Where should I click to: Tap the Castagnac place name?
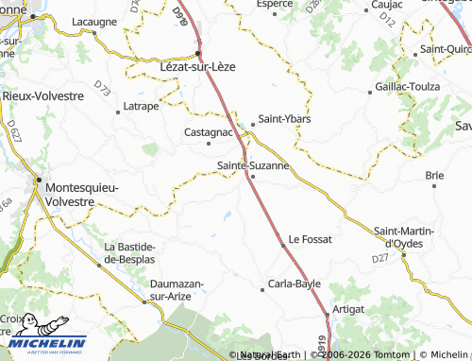208,132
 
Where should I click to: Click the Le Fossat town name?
311,239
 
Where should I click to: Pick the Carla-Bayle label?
295,284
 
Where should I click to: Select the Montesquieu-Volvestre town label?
83,194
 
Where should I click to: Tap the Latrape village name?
140,106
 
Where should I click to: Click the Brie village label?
434,175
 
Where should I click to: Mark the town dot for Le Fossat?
282,246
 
